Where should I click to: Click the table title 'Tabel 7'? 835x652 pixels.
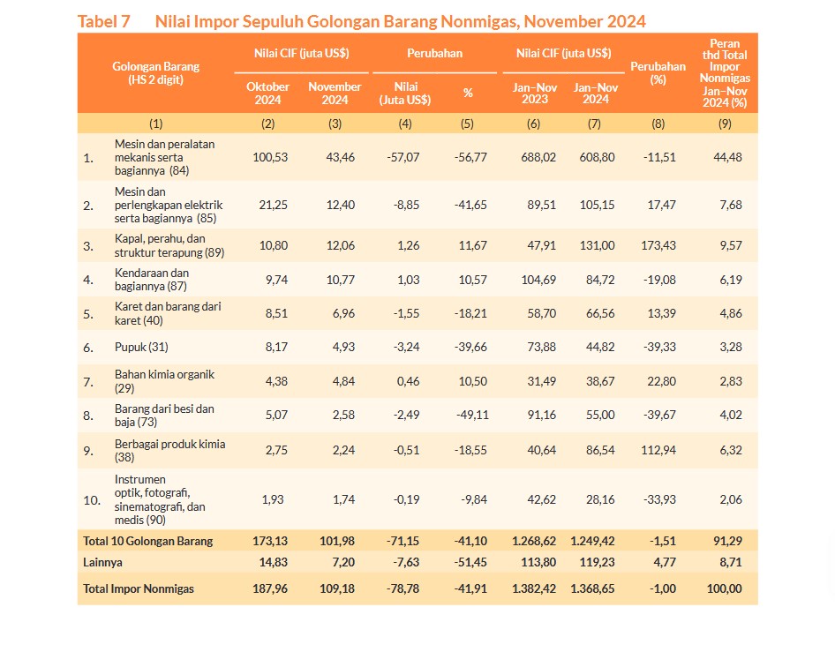coord(104,21)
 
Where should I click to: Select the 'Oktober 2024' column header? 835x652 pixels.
coord(267,94)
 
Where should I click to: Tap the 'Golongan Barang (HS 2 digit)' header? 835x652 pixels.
coord(155,73)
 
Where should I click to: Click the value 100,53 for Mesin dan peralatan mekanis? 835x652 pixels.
coord(270,158)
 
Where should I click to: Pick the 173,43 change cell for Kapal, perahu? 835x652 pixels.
coord(658,246)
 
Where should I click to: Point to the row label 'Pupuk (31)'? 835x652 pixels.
coord(141,347)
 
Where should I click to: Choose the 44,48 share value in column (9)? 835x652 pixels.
coord(727,158)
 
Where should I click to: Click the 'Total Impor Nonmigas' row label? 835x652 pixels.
coord(139,588)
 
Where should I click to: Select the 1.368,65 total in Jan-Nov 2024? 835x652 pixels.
coord(592,588)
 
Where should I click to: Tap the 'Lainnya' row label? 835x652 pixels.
coord(102,563)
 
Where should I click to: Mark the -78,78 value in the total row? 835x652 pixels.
coord(403,588)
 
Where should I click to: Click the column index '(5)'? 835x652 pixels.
coord(467,124)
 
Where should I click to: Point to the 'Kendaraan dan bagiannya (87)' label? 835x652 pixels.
coord(152,280)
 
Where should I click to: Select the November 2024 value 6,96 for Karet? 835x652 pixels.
coord(343,313)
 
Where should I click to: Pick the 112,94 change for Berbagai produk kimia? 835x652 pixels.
coord(658,450)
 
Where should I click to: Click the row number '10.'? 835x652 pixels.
coord(92,500)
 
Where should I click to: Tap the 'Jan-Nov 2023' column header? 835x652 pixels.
coord(535,94)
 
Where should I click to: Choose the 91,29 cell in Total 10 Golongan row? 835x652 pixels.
coord(727,542)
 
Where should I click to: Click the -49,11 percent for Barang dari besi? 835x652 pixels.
coord(472,416)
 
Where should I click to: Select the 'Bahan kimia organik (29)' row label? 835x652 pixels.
coord(164,381)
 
